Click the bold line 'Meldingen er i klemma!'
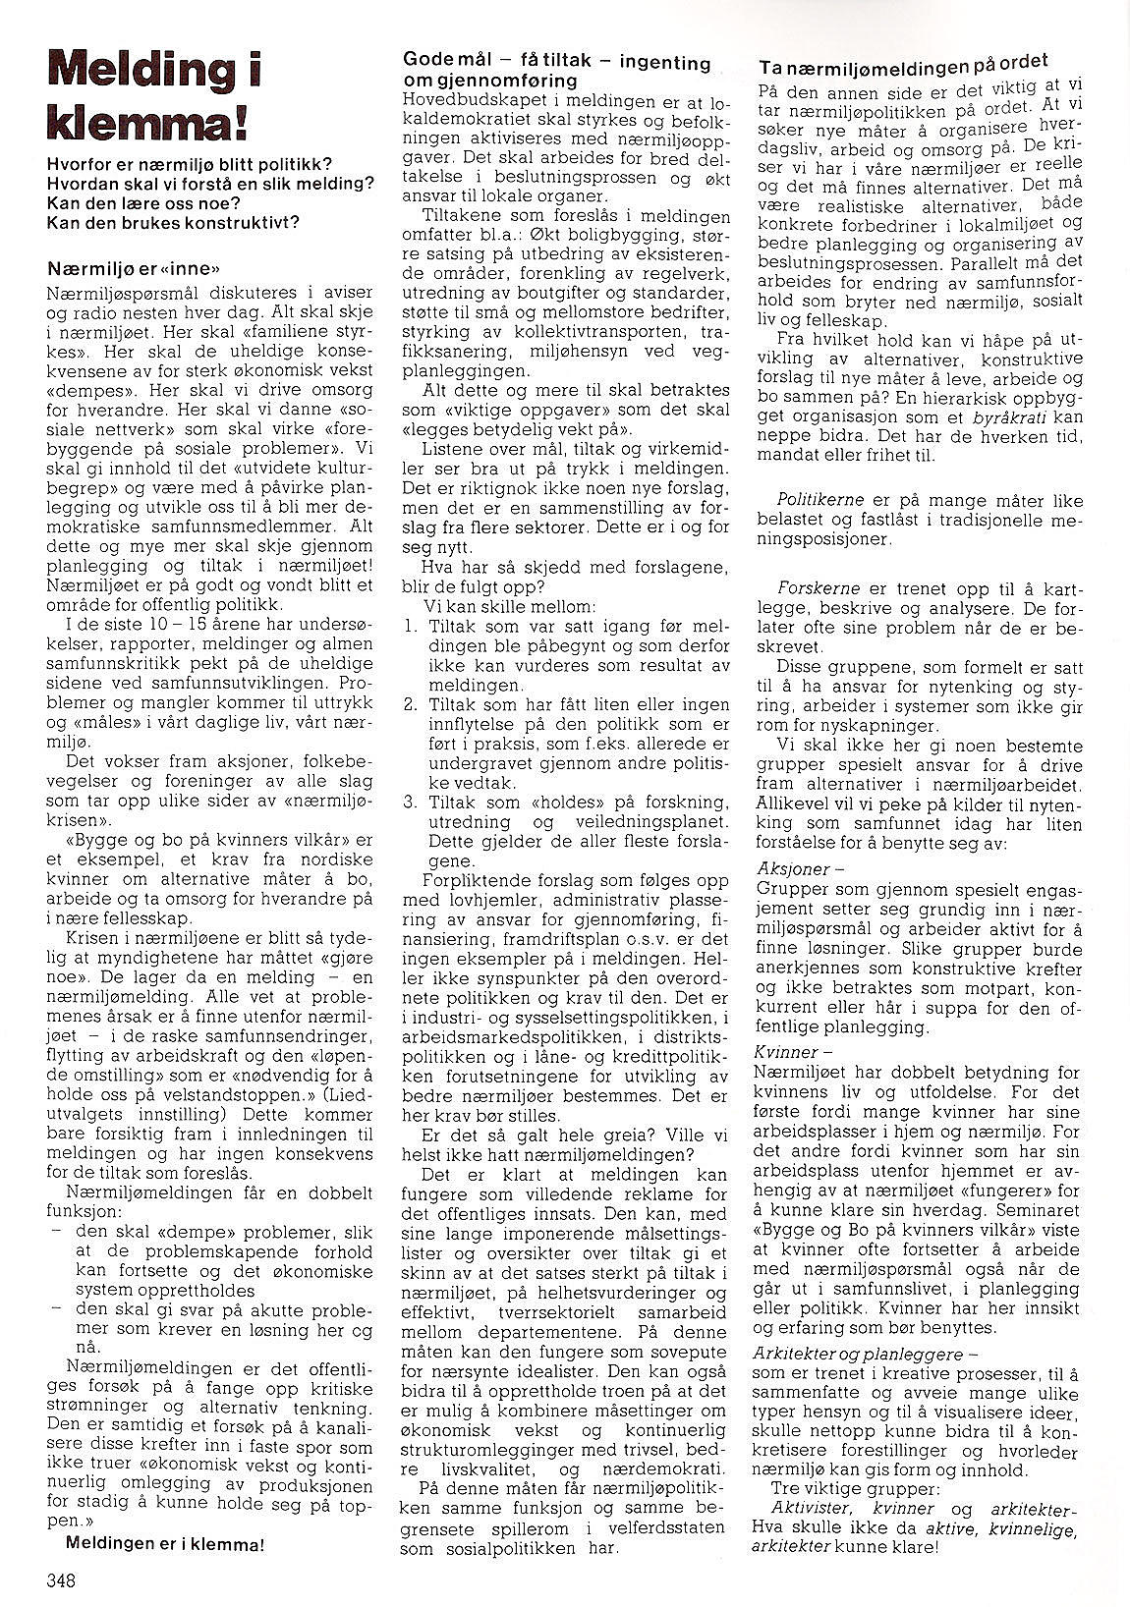pos(164,1543)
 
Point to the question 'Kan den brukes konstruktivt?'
pos(172,222)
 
